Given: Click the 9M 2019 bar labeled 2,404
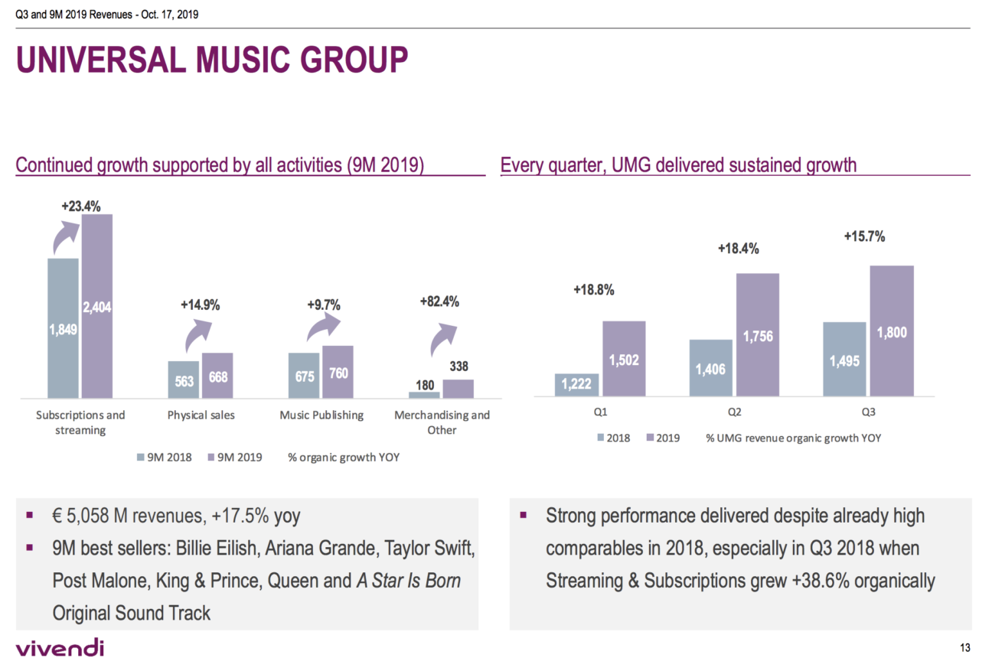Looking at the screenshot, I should (97, 306).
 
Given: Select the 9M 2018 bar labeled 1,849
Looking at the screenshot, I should (63, 329).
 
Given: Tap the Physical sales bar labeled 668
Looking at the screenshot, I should (217, 376).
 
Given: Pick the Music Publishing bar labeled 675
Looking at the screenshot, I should (303, 376).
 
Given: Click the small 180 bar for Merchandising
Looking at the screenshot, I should (424, 395).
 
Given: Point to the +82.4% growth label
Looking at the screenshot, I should (439, 301).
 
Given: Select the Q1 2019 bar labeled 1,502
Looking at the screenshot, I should (624, 359).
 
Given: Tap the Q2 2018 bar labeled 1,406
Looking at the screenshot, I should (711, 368).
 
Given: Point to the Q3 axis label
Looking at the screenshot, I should (869, 412).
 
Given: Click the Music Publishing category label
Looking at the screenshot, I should (321, 415).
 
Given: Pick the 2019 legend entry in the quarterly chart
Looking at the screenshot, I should (663, 438).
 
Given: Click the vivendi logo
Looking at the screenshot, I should (59, 649).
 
